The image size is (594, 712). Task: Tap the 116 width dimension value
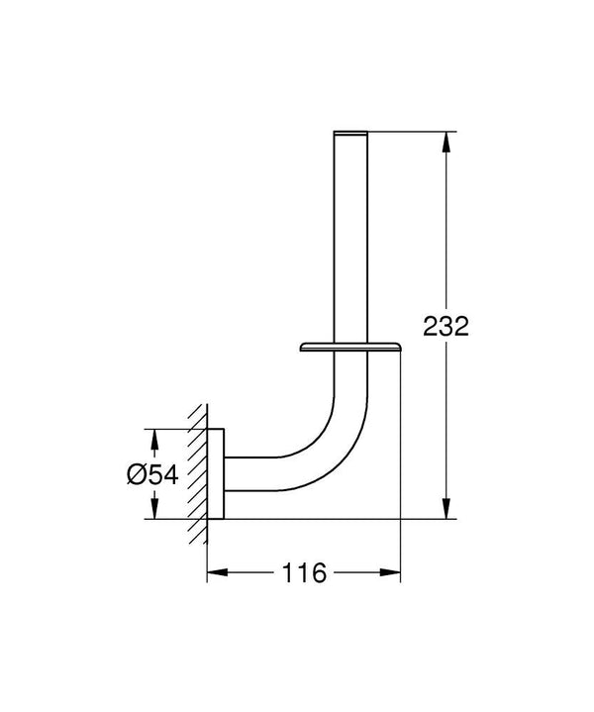pos(305,573)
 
